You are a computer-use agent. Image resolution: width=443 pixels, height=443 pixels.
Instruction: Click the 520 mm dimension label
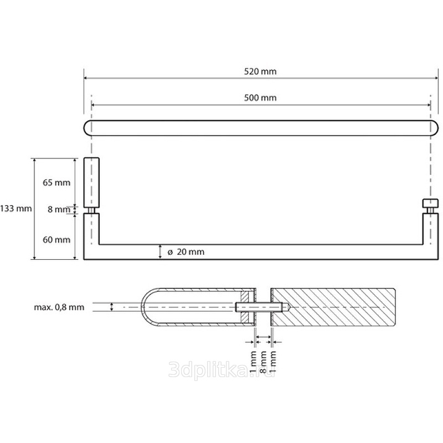pos(260,71)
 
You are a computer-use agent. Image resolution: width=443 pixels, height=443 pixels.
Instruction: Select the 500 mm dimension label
pos(260,98)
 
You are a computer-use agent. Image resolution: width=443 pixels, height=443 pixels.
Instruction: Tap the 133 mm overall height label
pos(16,209)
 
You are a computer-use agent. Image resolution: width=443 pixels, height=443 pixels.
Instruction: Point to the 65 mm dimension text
pos(56,183)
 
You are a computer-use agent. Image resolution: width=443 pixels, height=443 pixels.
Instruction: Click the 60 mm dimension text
pos(56,240)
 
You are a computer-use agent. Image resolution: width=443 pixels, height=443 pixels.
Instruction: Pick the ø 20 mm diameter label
pos(186,252)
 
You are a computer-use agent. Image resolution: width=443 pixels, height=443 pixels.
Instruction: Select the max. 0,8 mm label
pos(59,307)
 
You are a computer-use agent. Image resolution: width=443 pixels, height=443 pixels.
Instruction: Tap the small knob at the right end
pos(430,203)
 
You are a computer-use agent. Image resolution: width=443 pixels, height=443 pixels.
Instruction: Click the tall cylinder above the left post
pos(91,183)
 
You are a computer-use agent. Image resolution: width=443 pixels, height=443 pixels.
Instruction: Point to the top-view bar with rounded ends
pos(261,128)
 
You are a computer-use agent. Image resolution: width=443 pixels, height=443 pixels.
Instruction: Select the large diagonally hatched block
pos(333,307)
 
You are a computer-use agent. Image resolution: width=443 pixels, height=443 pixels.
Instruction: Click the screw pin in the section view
pos(261,307)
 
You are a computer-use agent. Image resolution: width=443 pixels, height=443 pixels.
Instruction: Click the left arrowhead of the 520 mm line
pos(86,78)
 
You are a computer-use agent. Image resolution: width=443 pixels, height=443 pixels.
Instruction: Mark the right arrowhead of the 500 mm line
pos(428,105)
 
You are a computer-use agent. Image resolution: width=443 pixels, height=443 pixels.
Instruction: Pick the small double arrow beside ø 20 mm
pos(160,252)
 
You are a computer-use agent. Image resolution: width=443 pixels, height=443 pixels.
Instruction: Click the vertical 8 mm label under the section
pos(263,362)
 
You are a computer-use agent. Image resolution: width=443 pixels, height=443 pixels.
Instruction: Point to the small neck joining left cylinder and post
pos(91,211)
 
